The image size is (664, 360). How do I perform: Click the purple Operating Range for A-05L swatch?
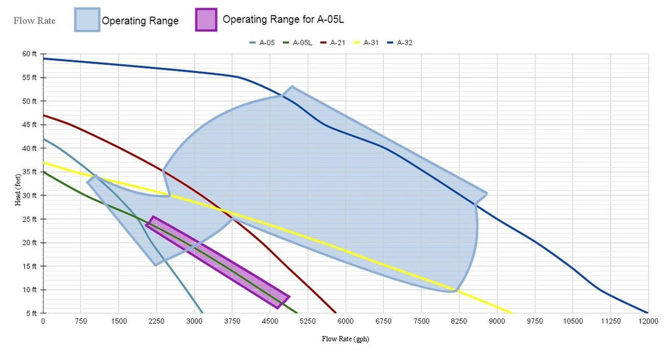(x=206, y=20)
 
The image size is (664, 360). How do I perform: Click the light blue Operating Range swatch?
(x=87, y=20)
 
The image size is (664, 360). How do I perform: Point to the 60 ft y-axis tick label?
(x=29, y=54)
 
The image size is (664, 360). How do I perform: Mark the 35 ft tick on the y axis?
(x=29, y=172)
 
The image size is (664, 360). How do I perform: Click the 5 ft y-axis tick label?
(x=31, y=313)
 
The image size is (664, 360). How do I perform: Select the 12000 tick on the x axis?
(x=648, y=321)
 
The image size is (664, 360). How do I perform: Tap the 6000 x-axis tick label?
(x=345, y=321)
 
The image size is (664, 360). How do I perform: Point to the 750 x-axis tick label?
(x=81, y=321)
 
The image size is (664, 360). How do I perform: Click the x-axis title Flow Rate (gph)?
(x=345, y=339)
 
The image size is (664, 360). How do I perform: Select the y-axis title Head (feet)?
(x=18, y=184)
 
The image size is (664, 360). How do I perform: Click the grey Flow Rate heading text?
(x=34, y=21)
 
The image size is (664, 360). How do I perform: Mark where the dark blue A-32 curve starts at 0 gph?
(x=44, y=59)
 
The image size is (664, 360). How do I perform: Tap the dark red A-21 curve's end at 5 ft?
(x=336, y=313)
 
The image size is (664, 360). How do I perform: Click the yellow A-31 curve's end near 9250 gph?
(x=511, y=313)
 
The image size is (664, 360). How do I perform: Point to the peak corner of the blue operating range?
(x=292, y=86)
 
